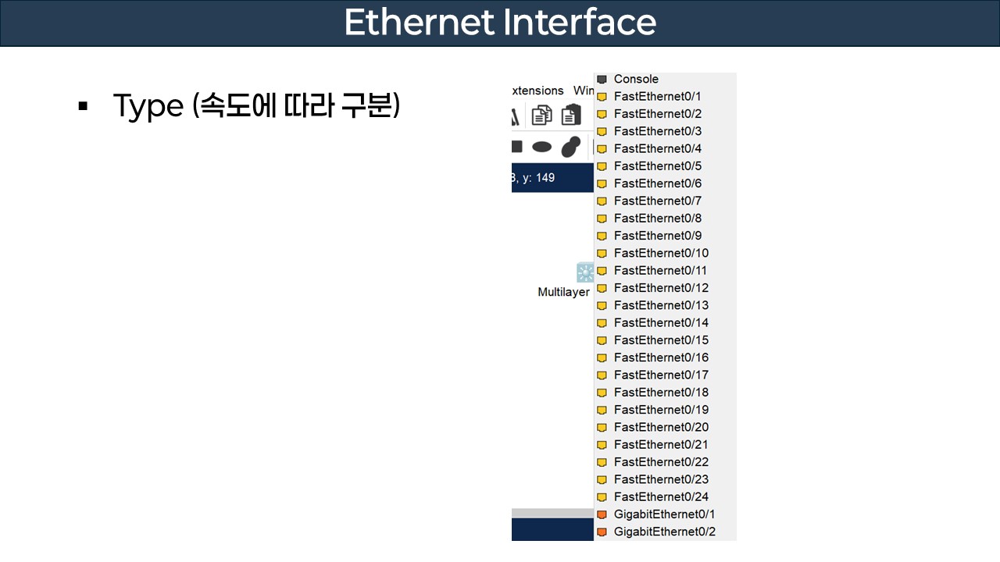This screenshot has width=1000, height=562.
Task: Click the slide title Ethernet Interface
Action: pos(500,23)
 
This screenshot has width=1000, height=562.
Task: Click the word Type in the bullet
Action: pos(148,106)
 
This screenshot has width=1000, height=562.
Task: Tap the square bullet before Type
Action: pos(83,106)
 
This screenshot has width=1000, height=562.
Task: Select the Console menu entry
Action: pos(636,79)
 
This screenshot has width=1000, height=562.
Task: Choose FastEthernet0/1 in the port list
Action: pos(657,96)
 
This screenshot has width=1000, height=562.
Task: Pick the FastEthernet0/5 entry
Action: pos(657,165)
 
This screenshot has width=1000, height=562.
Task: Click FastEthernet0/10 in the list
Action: pos(661,253)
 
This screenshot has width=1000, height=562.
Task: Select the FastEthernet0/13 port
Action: pos(661,305)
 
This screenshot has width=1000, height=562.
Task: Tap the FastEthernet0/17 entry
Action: pos(661,375)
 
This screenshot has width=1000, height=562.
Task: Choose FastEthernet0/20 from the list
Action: pos(661,427)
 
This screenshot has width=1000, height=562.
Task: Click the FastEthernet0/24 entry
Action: pos(661,496)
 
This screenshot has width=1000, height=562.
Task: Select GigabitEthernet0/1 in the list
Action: pos(664,514)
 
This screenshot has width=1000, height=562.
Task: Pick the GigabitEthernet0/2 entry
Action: pos(664,532)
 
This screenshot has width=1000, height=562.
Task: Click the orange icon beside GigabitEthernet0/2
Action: pos(602,532)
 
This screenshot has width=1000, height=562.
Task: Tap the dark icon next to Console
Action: pos(602,80)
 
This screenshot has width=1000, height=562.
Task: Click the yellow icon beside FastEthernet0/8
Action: pos(602,219)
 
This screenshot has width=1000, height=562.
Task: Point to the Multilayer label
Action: pos(563,292)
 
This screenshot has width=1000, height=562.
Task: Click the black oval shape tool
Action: pos(541,147)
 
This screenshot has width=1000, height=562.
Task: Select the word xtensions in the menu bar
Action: pos(537,91)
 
